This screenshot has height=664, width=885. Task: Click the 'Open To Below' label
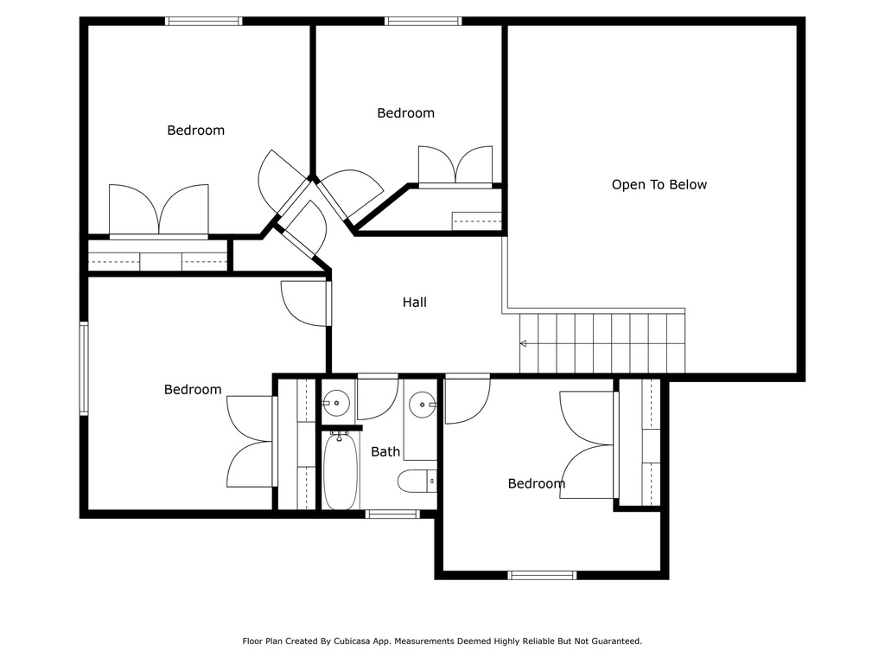pyautogui.click(x=659, y=185)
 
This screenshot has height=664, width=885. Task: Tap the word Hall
pyautogui.click(x=414, y=302)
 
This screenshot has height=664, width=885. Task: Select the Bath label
pyautogui.click(x=385, y=451)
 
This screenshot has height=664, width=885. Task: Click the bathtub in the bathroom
pyautogui.click(x=341, y=471)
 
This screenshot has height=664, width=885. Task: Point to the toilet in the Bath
pyautogui.click(x=417, y=481)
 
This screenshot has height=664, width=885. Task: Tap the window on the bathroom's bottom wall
pyautogui.click(x=392, y=514)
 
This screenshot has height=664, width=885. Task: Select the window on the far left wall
pyautogui.click(x=84, y=368)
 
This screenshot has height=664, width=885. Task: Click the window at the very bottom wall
pyautogui.click(x=542, y=575)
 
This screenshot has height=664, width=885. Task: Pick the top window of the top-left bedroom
pyautogui.click(x=204, y=22)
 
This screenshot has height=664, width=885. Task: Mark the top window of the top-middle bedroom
pyautogui.click(x=423, y=22)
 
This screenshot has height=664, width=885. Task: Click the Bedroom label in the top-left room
pyautogui.click(x=196, y=131)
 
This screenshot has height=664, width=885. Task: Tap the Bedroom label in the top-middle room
pyautogui.click(x=406, y=113)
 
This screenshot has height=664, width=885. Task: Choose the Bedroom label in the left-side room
pyautogui.click(x=193, y=390)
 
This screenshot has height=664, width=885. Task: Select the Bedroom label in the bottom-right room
pyautogui.click(x=536, y=483)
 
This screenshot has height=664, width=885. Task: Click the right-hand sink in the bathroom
pyautogui.click(x=422, y=405)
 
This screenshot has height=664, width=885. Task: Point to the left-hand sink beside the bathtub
pyautogui.click(x=336, y=403)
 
